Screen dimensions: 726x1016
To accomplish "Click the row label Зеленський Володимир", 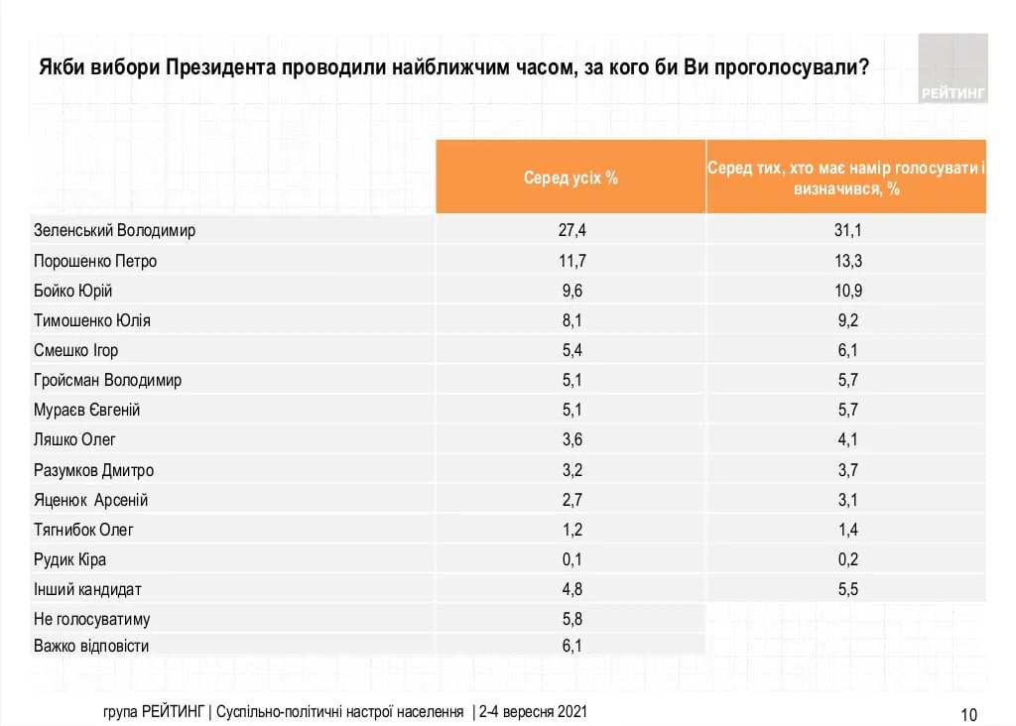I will tap(115, 231).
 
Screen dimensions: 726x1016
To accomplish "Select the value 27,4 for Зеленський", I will tap(571, 231).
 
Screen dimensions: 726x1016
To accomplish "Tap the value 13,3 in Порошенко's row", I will tap(846, 261).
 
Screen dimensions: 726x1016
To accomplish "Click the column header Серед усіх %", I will tap(571, 179).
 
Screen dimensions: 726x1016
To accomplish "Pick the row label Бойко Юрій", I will tap(73, 291).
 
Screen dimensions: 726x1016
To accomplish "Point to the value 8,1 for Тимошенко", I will tap(571, 320).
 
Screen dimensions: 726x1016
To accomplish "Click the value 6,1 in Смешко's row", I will tap(846, 350).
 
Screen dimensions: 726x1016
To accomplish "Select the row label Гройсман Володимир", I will tap(108, 380).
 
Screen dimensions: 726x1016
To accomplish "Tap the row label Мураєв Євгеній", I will tap(87, 410).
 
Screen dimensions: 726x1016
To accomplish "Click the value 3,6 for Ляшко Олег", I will tap(571, 439).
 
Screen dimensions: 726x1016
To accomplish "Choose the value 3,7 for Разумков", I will tap(846, 470).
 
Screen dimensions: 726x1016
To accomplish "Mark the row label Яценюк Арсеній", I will tap(91, 500).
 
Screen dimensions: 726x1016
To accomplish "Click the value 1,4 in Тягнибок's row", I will tap(846, 530).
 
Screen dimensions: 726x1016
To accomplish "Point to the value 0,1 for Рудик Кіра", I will tap(571, 559).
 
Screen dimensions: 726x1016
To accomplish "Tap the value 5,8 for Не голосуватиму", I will tap(571, 619).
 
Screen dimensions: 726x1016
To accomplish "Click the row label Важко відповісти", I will tap(91, 647).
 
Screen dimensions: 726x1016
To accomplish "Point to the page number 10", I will tap(969, 714).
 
